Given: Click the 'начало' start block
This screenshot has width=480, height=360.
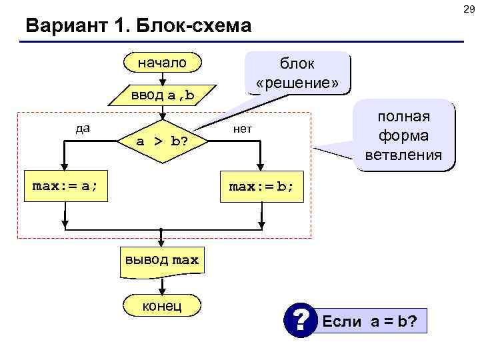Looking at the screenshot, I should click(x=163, y=63).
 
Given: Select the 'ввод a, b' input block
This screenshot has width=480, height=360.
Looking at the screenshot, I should click(x=163, y=95).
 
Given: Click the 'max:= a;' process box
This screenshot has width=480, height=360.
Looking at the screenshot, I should click(x=65, y=186).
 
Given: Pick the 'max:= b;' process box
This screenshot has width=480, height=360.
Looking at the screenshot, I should click(x=261, y=186).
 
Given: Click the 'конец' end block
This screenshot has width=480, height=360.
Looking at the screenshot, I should click(x=162, y=305).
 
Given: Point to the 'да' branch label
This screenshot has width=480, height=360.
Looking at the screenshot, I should click(x=83, y=128).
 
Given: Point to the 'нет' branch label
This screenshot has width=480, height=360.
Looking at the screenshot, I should click(x=242, y=129).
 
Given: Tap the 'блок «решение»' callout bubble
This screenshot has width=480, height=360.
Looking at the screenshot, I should click(x=297, y=74).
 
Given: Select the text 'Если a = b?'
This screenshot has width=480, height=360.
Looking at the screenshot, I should click(x=370, y=321).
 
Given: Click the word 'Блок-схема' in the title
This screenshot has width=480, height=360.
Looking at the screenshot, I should click(x=193, y=27).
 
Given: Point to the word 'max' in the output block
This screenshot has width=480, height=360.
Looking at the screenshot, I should click(x=185, y=260).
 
